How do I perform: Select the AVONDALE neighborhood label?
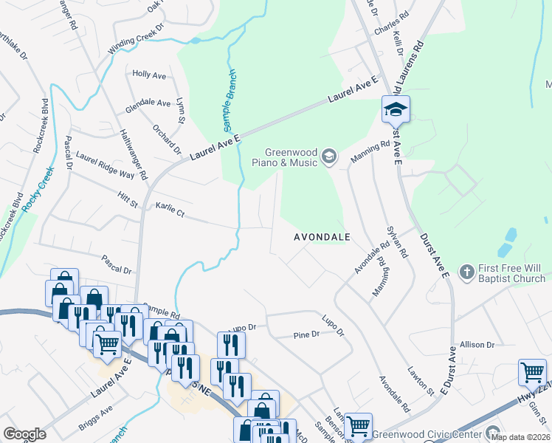[322, 237]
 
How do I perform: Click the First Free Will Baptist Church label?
[512, 273]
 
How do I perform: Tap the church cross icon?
[466, 273]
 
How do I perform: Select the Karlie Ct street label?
[169, 208]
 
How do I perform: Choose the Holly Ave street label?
[148, 75]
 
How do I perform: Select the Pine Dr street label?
[306, 334]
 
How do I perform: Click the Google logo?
[24, 434]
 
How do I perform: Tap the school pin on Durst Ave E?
[396, 110]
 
